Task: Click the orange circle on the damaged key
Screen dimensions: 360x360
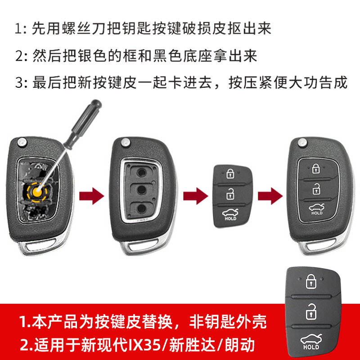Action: pos(38,192)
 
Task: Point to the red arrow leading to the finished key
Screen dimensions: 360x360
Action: pos(270,196)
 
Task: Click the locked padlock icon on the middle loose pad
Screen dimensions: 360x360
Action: pos(230,173)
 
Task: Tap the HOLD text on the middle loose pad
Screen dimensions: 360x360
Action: pos(230,219)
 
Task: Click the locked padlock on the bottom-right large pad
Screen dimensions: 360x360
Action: pos(311,281)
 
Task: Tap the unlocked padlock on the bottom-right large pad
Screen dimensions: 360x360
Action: pos(311,311)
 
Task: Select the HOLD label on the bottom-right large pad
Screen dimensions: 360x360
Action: pos(311,347)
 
